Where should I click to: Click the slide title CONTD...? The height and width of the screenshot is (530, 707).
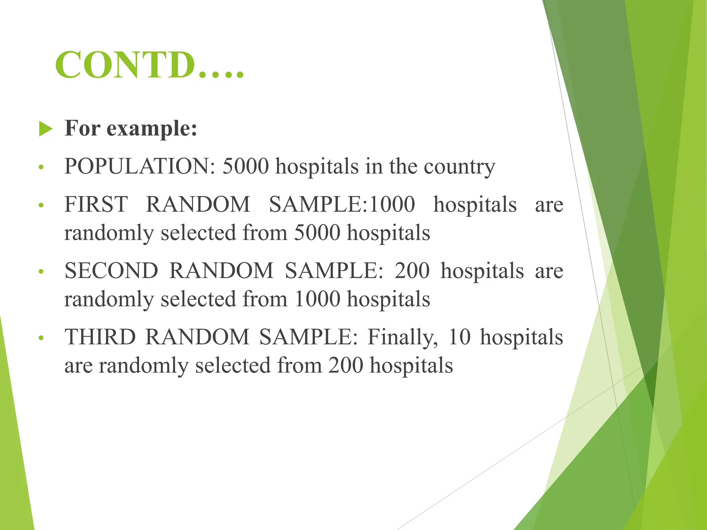click(x=149, y=65)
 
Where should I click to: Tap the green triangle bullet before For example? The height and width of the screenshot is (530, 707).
click(x=46, y=129)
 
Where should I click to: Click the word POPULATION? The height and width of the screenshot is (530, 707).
click(x=139, y=166)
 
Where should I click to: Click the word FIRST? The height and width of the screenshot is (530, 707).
click(x=96, y=204)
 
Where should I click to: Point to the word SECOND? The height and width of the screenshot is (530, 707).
click(x=111, y=271)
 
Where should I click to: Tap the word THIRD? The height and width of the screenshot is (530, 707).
click(x=100, y=337)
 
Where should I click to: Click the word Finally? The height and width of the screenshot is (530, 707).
click(x=403, y=337)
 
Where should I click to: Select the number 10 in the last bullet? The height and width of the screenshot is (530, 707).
click(x=459, y=337)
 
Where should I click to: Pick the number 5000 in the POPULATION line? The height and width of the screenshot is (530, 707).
click(x=245, y=166)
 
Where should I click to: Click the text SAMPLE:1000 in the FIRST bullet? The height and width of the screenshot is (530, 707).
click(x=342, y=204)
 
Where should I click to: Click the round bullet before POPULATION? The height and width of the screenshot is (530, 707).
click(x=41, y=168)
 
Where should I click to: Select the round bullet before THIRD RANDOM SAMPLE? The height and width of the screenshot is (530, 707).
click(x=41, y=338)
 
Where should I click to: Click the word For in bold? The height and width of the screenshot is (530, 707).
click(x=83, y=128)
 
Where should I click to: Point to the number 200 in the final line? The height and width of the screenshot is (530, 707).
click(x=346, y=365)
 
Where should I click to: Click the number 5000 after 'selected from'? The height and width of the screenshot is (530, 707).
click(x=317, y=233)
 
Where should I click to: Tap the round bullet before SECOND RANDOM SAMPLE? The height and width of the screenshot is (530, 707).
click(x=41, y=272)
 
